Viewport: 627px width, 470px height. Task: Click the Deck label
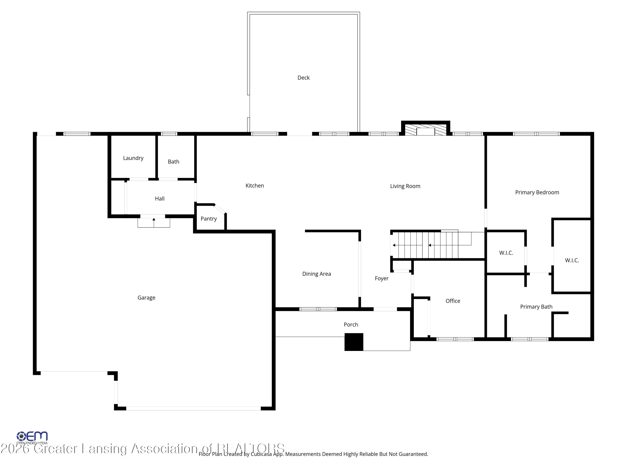tap(303, 78)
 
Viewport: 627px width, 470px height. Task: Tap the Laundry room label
tap(133, 158)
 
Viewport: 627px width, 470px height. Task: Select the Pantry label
tap(209, 219)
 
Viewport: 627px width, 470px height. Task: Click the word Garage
tap(146, 297)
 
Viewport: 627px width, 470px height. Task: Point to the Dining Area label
tap(316, 274)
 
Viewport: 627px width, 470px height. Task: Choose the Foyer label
tap(381, 278)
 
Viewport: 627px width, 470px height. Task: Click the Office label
tap(453, 301)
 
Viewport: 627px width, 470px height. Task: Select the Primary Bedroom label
tap(537, 192)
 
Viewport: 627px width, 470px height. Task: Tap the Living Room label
tap(405, 186)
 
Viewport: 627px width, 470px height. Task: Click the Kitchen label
tap(255, 185)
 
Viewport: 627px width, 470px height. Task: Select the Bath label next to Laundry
tap(173, 162)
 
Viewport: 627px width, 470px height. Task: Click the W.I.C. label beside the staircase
tap(506, 253)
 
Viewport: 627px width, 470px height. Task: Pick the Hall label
tap(160, 199)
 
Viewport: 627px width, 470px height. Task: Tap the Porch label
tap(351, 324)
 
